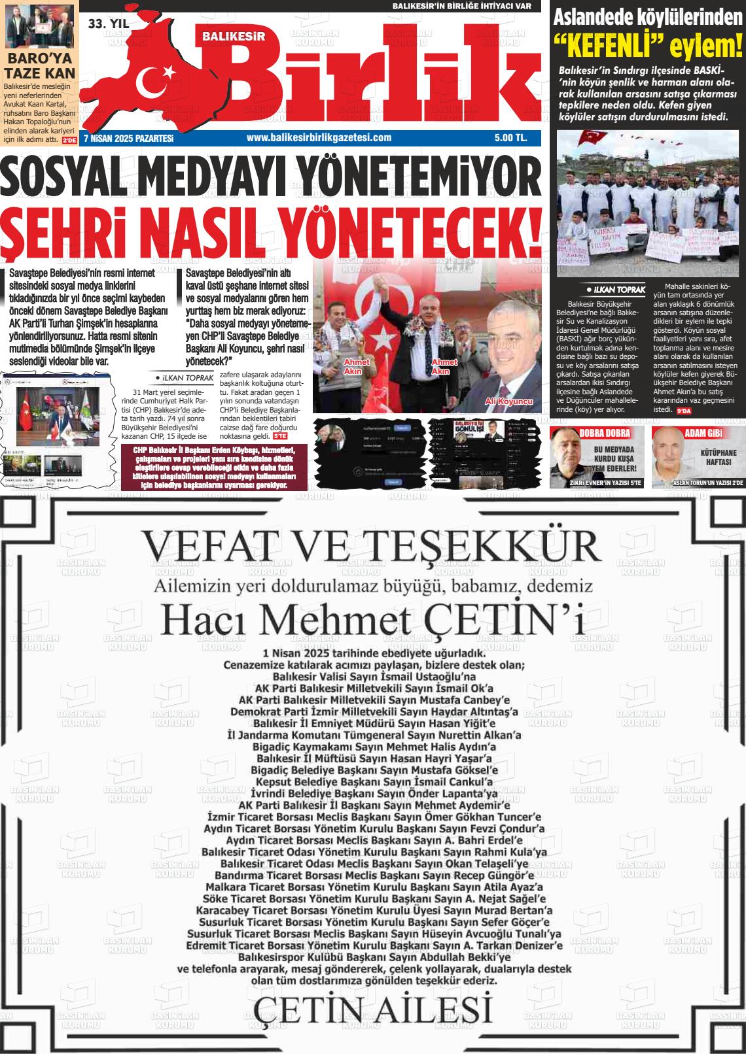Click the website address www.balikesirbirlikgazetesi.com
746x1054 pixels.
tap(319, 137)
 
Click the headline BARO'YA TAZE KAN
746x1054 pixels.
tap(41, 66)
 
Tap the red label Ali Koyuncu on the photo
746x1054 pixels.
tap(509, 401)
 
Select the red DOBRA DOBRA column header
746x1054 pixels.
tap(604, 433)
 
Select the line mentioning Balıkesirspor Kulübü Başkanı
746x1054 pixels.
tap(373, 957)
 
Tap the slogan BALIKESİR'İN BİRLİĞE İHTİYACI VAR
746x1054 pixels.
tap(467, 6)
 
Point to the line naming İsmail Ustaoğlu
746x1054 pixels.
tap(373, 675)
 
